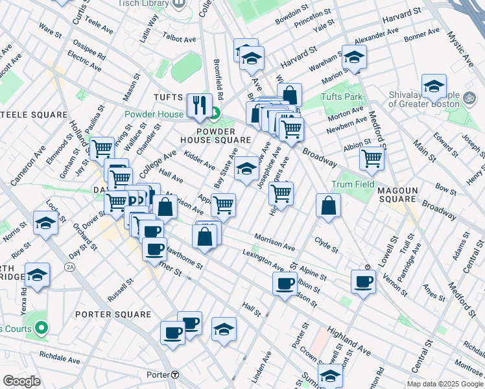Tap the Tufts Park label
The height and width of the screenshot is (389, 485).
pos(339,98)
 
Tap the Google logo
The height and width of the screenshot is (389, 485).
pos(21,381)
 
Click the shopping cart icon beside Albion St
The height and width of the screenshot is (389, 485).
pos(372,156)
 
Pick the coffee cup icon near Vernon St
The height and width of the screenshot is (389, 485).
pos(363,281)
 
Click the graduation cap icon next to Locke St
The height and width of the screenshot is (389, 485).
pos(45,222)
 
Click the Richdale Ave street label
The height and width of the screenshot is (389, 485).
pos(59,357)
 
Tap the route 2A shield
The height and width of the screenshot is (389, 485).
pos(70,266)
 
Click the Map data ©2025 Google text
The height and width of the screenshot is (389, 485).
pos(445,384)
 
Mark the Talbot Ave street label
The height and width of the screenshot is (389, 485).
pos(179,40)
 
